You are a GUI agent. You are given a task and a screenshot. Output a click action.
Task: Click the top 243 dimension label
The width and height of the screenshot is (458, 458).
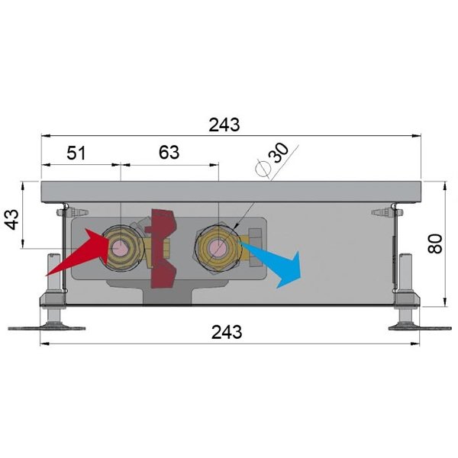pyautogui.click(x=224, y=124)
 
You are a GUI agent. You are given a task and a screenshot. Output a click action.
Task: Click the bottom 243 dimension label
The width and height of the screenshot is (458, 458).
pyautogui.click(x=227, y=332)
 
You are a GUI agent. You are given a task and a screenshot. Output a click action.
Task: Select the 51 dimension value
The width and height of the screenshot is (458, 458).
pyautogui.click(x=76, y=153)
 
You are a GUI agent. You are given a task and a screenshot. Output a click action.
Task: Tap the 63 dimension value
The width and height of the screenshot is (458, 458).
pyautogui.click(x=169, y=152)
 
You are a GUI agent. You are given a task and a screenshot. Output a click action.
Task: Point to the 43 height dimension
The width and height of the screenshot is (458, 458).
pyautogui.click(x=12, y=219)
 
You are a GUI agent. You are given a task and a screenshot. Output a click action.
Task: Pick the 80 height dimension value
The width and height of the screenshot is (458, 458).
pyautogui.click(x=435, y=244)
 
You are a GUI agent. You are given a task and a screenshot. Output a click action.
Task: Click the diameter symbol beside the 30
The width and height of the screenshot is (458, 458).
pyautogui.click(x=263, y=169)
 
